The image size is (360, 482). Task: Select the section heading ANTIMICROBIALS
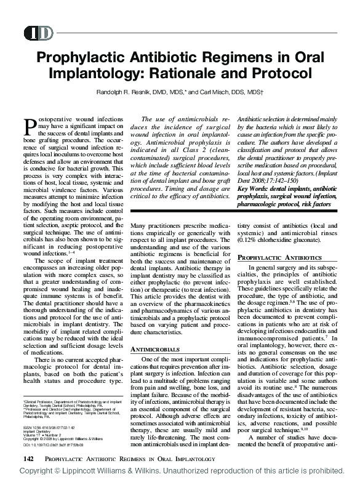(x=157, y=349)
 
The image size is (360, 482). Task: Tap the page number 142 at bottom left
(x=29, y=459)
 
